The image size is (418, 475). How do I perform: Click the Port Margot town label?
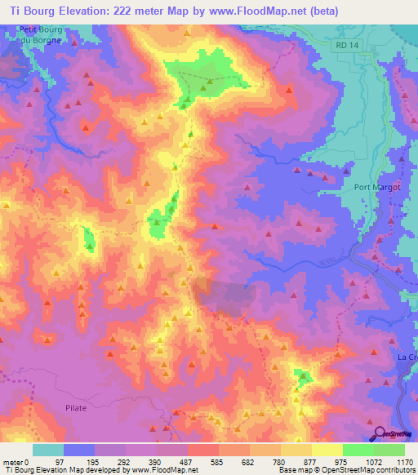pyautogui.click(x=374, y=186)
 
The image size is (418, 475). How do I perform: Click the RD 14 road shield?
pyautogui.click(x=346, y=47)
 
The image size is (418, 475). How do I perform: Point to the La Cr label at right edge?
pyautogui.click(x=407, y=357)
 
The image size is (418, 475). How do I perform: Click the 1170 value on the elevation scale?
pyautogui.click(x=402, y=462)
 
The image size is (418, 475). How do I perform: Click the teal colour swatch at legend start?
pyautogui.click(x=48, y=450)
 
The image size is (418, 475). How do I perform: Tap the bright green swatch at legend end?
pyautogui.click(x=389, y=450)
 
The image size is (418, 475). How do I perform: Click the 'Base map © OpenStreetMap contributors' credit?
pyautogui.click(x=346, y=471)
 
